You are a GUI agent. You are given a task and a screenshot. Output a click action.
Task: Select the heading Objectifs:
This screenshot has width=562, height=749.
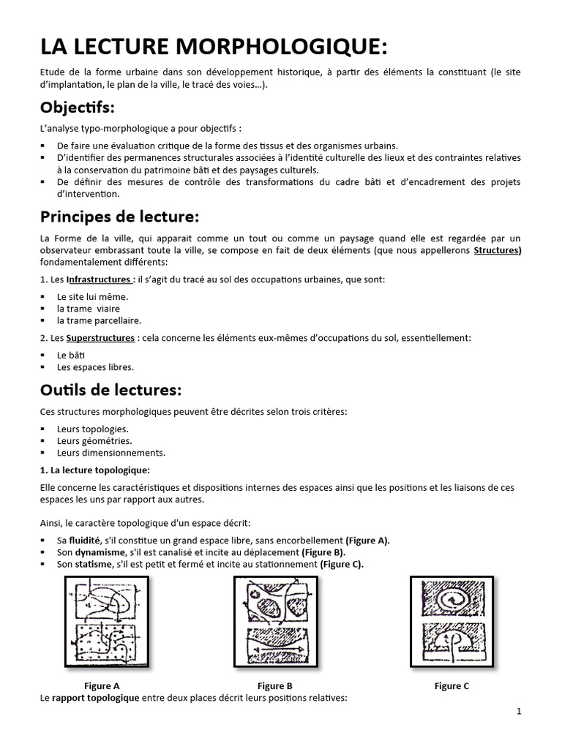78,108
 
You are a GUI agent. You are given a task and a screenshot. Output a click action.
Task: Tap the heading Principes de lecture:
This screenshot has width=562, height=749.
119,217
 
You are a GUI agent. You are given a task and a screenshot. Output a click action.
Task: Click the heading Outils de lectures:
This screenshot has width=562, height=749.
110,389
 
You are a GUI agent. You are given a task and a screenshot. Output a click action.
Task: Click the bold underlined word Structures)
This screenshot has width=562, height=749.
498,250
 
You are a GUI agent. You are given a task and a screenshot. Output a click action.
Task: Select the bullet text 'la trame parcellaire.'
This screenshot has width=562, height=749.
99,320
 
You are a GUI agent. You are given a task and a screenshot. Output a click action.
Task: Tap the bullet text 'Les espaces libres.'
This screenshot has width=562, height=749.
95,367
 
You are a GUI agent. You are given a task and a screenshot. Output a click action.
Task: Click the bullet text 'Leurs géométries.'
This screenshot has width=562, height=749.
94,440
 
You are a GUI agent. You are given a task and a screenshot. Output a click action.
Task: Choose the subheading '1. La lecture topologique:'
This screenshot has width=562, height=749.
95,470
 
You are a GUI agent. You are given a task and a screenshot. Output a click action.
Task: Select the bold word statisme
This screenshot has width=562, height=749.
94,564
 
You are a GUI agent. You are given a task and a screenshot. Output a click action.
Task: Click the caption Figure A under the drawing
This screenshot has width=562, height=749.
102,686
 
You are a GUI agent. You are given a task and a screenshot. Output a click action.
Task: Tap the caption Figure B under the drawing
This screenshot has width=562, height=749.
275,686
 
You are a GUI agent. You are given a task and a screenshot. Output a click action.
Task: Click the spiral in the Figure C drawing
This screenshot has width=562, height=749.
452,601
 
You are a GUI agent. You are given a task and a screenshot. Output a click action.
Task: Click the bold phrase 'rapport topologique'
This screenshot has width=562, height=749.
95,698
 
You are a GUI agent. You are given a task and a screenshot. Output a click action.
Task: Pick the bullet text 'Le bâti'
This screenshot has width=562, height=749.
72,355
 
